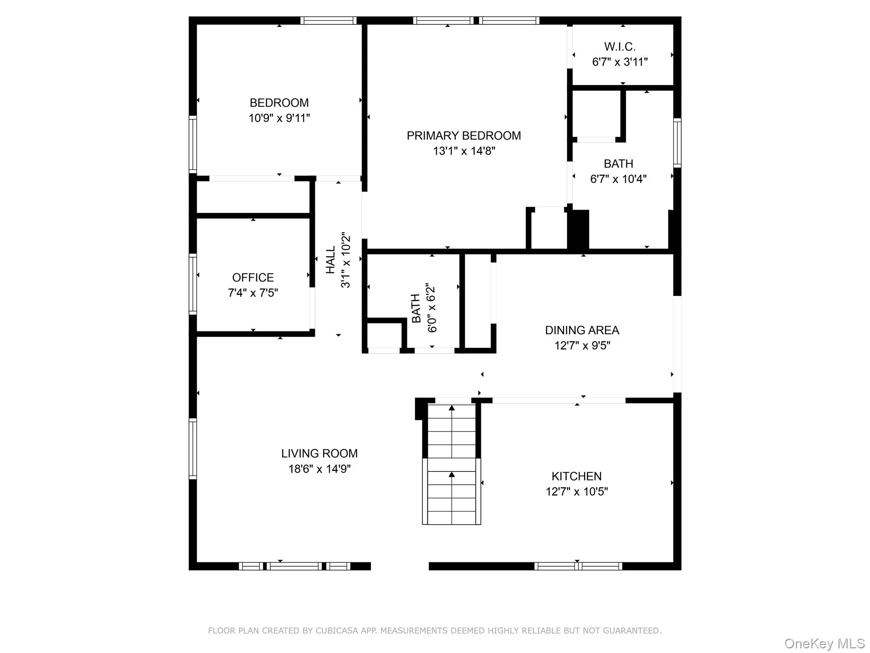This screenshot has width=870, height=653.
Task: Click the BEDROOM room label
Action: (279, 103)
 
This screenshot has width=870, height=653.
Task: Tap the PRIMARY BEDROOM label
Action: (463, 136)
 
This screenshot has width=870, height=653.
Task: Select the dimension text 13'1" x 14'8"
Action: (464, 151)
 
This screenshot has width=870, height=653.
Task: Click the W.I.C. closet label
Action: (620, 47)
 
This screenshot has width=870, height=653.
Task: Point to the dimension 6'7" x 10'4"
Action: (618, 179)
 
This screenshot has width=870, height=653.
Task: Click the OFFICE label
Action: (253, 278)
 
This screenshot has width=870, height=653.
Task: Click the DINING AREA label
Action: (582, 330)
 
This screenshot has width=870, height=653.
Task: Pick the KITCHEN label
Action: (576, 476)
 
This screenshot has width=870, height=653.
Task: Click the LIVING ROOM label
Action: (319, 454)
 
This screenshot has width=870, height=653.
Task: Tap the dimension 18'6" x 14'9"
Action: (319, 469)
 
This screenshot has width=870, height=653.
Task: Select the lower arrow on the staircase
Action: (452, 474)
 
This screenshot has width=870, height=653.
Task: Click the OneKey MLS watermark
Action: (824, 643)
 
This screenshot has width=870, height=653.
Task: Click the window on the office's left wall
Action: (192, 284)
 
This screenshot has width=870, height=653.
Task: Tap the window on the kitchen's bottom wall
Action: (578, 566)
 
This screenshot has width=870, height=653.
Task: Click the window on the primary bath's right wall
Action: (677, 142)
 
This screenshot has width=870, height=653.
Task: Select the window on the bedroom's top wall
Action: (328, 20)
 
